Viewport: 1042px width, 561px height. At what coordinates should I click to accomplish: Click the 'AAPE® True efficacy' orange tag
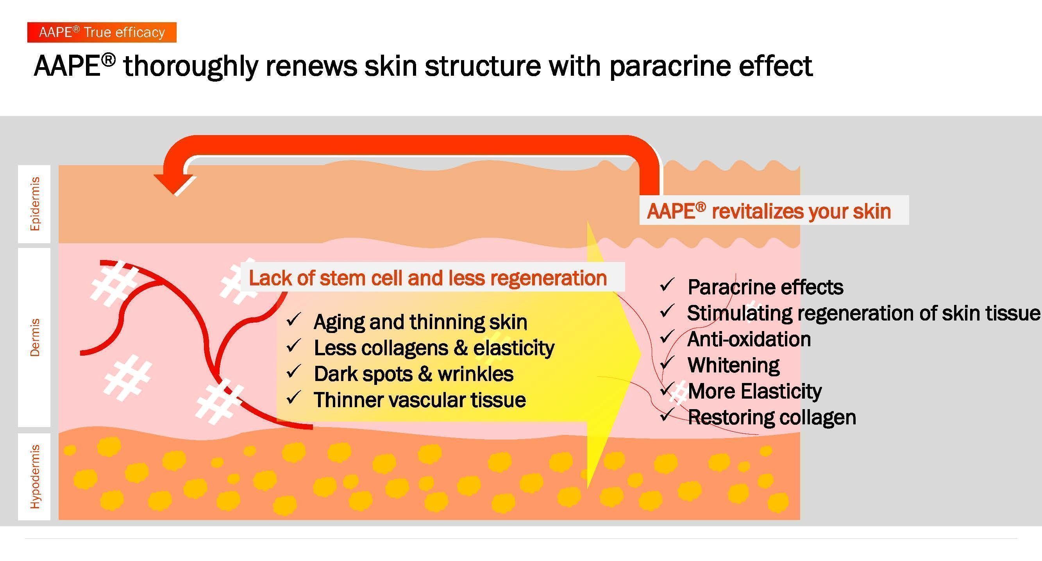[x=102, y=32]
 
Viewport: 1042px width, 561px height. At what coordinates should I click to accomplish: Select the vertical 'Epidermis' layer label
[x=35, y=204]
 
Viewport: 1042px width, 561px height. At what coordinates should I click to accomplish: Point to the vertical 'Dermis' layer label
[x=35, y=337]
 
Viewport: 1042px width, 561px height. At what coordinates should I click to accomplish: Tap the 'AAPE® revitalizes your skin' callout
[x=769, y=211]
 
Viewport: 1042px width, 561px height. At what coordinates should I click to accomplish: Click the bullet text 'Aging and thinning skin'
[x=420, y=322]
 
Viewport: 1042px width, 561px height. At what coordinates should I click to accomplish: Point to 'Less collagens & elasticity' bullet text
[x=434, y=347]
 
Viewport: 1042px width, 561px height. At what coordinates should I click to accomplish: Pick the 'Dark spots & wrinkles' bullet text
[x=413, y=374]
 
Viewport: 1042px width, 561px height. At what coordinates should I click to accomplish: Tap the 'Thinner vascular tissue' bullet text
[x=420, y=400]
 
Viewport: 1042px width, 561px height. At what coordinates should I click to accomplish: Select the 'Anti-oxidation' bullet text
[x=749, y=339]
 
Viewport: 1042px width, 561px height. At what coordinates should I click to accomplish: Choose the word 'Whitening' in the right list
[x=733, y=365]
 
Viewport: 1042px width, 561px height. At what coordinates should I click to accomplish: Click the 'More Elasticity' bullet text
[x=755, y=391]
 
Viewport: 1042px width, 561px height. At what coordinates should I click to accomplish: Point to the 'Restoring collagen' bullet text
[x=772, y=417]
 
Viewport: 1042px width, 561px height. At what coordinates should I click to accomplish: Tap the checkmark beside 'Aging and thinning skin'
[x=293, y=320]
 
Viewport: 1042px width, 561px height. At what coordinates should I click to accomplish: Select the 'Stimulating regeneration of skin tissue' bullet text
[x=863, y=313]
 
